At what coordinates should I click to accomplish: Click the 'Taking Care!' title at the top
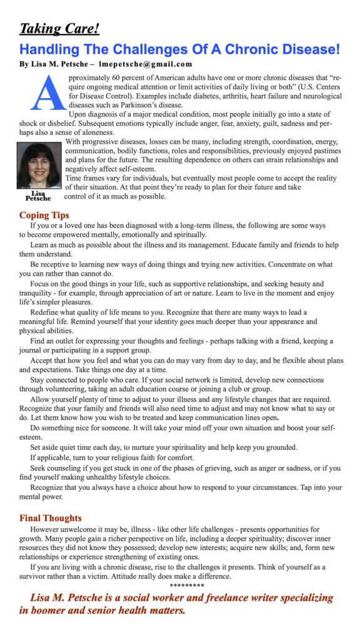coord(59,29)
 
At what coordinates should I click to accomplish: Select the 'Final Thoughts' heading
coord(50,518)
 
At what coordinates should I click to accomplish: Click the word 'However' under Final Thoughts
coord(46,529)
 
